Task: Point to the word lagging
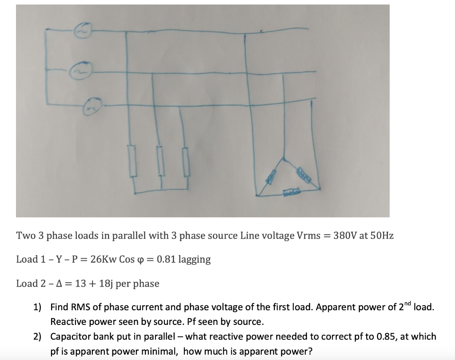click(x=194, y=260)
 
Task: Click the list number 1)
click(x=37, y=307)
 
